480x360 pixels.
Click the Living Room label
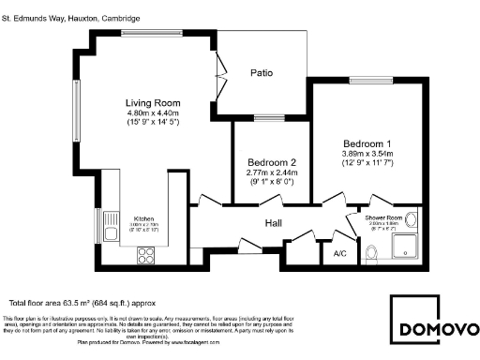click(153, 103)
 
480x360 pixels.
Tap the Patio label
click(262, 73)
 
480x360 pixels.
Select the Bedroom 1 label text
click(367, 142)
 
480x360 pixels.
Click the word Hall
click(273, 223)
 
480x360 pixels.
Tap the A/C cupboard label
click(340, 253)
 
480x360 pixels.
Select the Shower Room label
click(382, 217)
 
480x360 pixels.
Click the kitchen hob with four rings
click(146, 253)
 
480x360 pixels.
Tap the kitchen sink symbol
click(111, 231)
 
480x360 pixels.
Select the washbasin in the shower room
click(409, 222)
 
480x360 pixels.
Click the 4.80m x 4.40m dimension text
click(153, 113)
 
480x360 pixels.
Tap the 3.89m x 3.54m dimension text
click(367, 153)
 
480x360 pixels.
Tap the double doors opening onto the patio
click(219, 69)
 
